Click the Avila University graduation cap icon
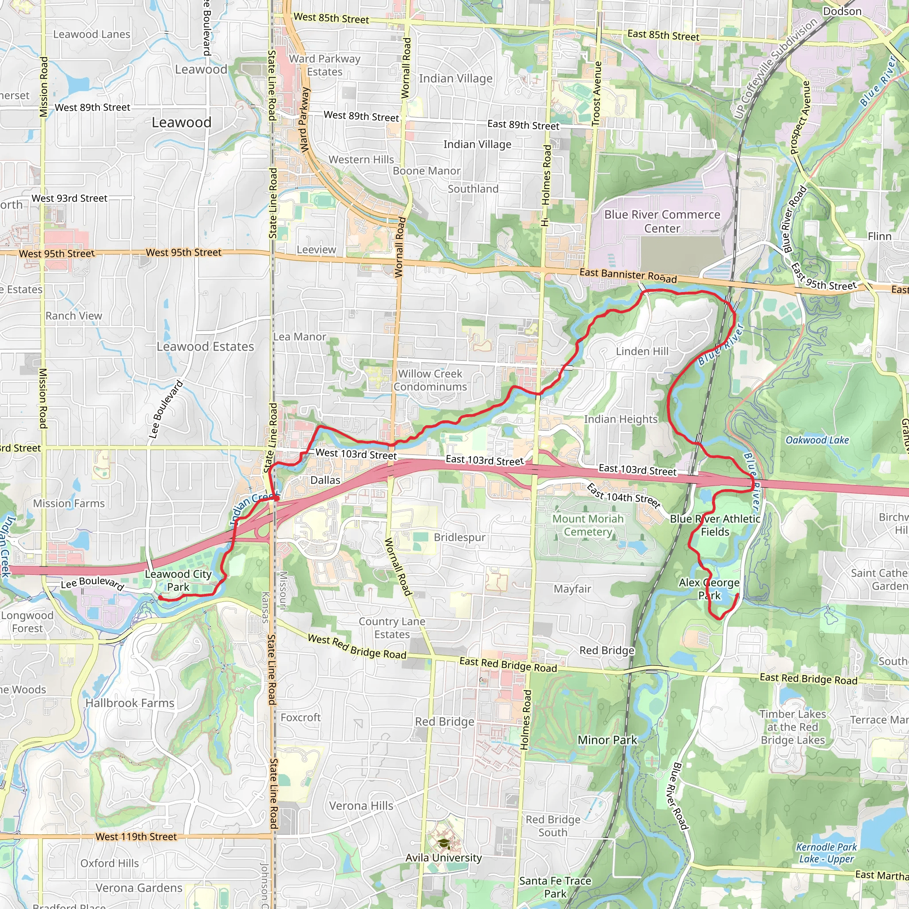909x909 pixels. [x=444, y=843]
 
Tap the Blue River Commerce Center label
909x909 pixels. [x=662, y=221]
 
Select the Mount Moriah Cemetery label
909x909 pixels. [x=588, y=525]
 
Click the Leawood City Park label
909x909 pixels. [x=178, y=580]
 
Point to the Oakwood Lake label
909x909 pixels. [x=817, y=440]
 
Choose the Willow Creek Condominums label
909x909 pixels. [x=430, y=380]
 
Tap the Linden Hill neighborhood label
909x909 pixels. [x=642, y=352]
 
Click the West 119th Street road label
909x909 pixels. [x=136, y=837]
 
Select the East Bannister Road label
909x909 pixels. [x=628, y=276]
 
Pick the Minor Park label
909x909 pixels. [x=607, y=740]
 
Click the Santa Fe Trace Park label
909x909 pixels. [x=555, y=887]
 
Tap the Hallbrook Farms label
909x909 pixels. [x=130, y=703]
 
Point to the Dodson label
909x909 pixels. [x=842, y=11]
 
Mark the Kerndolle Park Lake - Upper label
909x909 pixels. [x=826, y=853]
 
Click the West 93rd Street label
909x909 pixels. [x=70, y=198]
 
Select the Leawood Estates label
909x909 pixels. [x=205, y=347]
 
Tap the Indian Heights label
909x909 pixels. [x=620, y=419]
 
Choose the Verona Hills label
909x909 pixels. [x=361, y=806]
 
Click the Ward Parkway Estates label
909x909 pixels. [x=324, y=65]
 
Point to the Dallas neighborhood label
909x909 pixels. [x=325, y=480]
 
